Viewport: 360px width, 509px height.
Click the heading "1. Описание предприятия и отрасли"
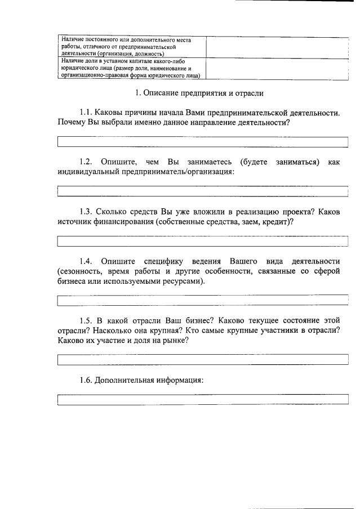[199, 92]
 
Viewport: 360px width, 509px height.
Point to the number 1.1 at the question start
[87, 113]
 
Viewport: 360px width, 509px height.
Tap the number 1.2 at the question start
[87, 162]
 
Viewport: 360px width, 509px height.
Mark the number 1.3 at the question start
[87, 212]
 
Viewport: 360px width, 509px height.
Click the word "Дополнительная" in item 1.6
[124, 380]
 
